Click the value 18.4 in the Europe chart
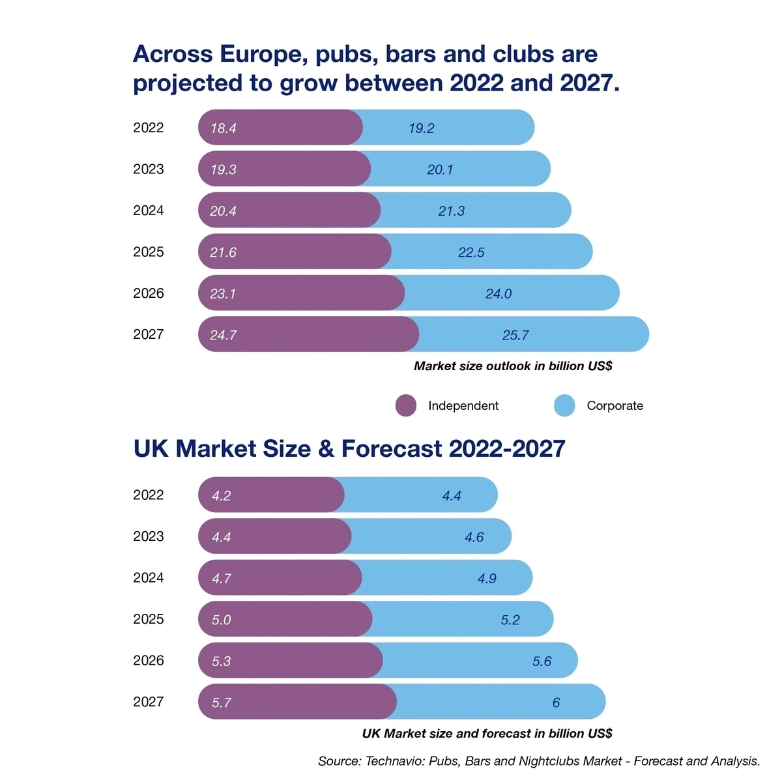223,128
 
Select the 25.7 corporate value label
515,335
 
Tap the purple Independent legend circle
406,405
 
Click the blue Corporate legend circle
564,405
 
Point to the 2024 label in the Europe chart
149,210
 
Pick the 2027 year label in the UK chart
149,702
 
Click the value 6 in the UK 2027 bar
556,702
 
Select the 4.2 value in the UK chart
222,496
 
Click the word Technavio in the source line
394,761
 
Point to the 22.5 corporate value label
471,252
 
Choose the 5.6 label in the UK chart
542,661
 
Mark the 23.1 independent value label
223,294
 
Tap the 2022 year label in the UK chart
149,495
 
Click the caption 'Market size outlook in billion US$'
513,366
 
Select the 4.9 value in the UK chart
487,579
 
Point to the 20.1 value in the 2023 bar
440,169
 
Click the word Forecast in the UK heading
391,449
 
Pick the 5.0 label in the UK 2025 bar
222,620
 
